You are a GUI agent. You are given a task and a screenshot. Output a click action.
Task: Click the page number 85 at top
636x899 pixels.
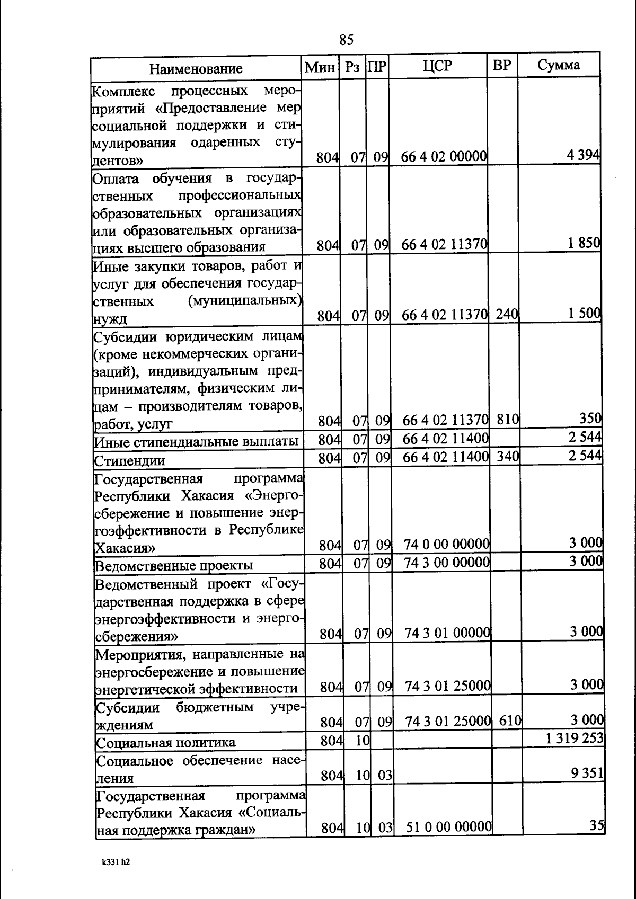[346, 40]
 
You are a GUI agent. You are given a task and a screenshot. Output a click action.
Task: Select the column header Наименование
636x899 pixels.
[196, 68]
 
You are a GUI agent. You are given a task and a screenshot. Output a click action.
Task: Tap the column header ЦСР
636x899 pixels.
[438, 66]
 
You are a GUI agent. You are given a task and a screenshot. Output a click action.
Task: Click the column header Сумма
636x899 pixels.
[559, 65]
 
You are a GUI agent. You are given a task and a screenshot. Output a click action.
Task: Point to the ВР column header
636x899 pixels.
[502, 65]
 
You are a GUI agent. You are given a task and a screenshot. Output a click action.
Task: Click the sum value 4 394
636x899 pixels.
[583, 155]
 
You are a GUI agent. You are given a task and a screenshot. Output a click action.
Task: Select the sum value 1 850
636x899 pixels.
[584, 243]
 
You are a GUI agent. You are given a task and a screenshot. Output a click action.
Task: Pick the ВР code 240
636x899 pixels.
[507, 314]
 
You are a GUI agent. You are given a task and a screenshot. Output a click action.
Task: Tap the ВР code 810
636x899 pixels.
[508, 420]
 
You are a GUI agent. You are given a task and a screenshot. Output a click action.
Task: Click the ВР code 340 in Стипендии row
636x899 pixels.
[508, 456]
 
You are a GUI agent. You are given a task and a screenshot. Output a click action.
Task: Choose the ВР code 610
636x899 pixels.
[510, 720]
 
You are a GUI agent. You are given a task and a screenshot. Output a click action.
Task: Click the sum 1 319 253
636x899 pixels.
[575, 738]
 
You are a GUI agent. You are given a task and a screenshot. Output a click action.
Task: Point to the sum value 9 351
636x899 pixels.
[587, 773]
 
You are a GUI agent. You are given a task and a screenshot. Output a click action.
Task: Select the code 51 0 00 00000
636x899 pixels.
[449, 827]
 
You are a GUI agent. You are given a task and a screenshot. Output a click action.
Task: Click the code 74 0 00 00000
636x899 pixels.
[446, 544]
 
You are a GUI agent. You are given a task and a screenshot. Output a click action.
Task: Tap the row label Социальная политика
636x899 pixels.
[166, 743]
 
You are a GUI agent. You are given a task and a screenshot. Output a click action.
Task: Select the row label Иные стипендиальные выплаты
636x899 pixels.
[196, 441]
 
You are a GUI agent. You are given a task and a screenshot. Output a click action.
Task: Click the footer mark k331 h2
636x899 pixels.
[116, 862]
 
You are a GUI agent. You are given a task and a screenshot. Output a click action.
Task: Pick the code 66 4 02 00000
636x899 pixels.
[444, 157]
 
